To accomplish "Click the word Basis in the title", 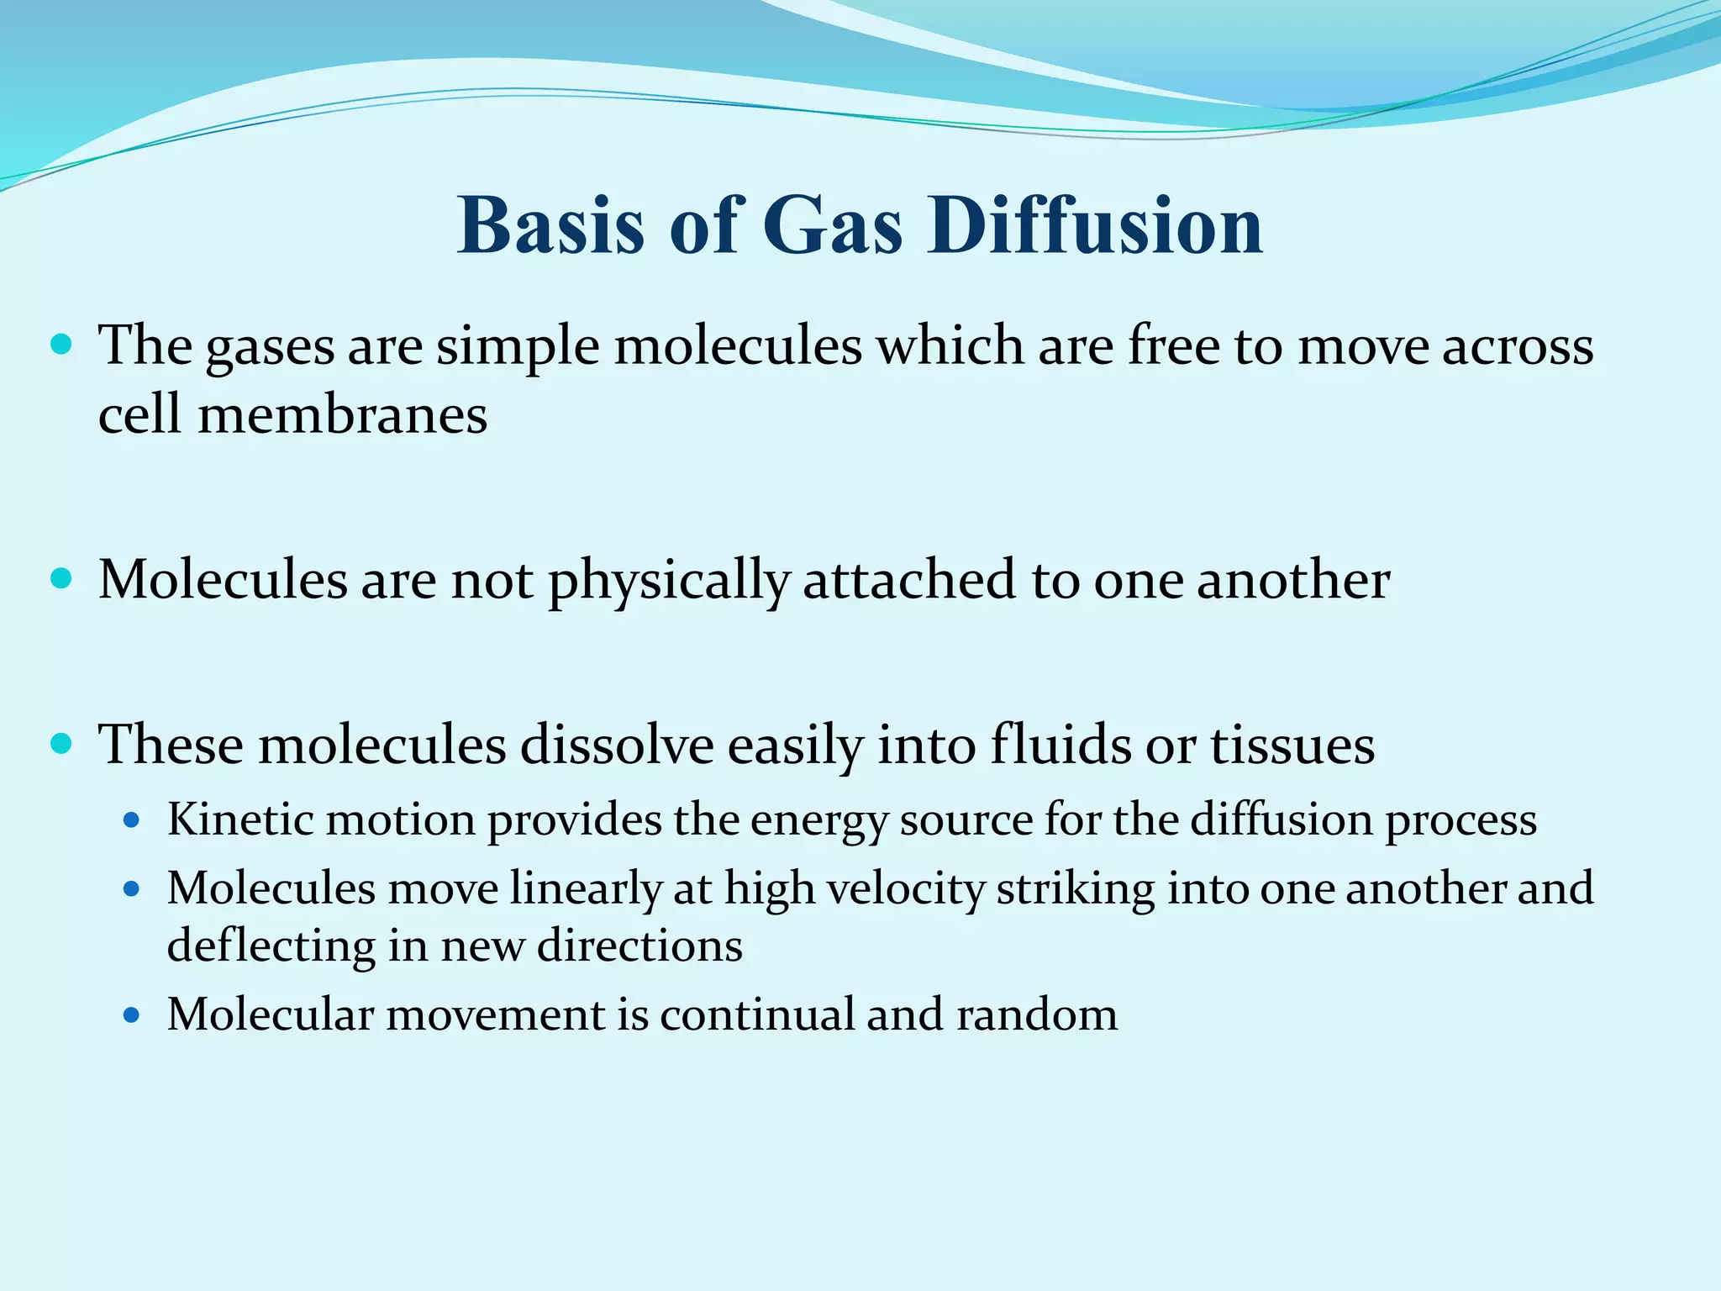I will click(x=550, y=225).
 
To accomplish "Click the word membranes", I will click(x=342, y=415).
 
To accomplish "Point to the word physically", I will click(x=669, y=582).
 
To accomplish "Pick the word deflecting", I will click(x=271, y=946).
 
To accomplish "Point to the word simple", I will click(x=517, y=346).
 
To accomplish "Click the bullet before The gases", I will click(x=61, y=345).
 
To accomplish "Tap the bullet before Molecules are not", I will click(x=61, y=579).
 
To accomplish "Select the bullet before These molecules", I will click(x=61, y=744).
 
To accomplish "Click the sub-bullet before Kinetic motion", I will click(x=130, y=820).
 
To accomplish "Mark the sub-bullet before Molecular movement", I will click(x=130, y=1015).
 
